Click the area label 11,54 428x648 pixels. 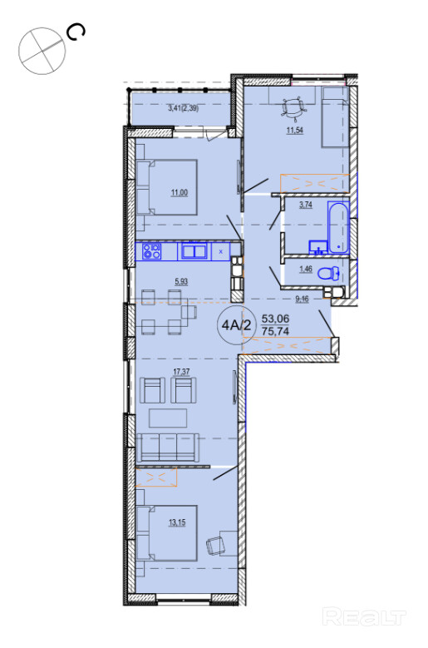tap(295, 131)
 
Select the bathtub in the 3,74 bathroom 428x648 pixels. tap(338, 227)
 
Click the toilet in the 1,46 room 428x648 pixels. tap(330, 272)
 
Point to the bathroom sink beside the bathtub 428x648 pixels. tap(317, 247)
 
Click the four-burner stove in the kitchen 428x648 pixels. tap(151, 251)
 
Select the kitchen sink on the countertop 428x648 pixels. tap(194, 251)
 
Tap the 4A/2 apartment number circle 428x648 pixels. tap(237, 325)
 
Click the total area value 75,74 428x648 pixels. tap(275, 331)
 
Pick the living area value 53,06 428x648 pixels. tap(275, 319)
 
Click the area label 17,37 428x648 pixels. tap(181, 372)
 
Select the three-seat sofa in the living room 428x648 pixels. tap(168, 448)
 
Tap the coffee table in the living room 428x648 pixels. tap(168, 418)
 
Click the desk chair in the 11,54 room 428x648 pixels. tap(294, 108)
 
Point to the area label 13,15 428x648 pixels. tap(177, 522)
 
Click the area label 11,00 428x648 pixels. tap(180, 192)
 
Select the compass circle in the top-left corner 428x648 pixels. tap(42, 52)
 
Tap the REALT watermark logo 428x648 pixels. tap(364, 617)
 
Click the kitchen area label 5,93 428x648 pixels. tap(181, 282)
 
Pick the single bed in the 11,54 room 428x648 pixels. tap(335, 117)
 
